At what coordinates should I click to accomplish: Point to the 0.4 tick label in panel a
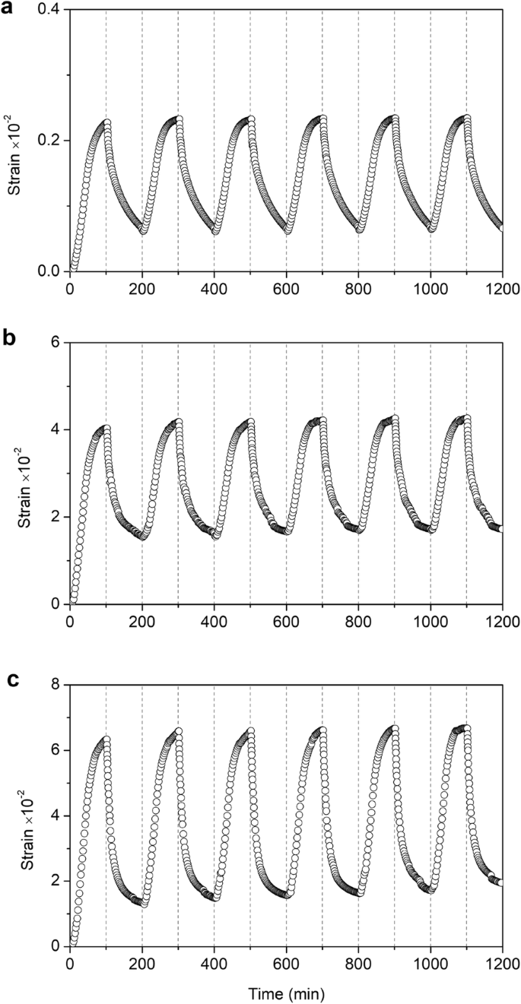(51, 9)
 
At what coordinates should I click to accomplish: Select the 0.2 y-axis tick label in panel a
(51, 141)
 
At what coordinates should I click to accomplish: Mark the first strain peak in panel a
(107, 122)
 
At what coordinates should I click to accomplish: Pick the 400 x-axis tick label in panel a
(214, 288)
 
